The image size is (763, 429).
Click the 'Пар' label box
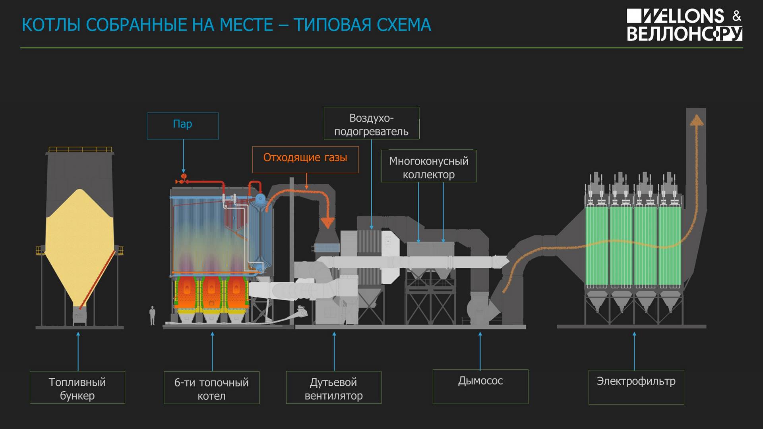pos(183,126)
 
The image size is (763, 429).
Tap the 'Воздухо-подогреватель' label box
pos(372,123)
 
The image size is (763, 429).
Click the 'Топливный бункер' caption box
pos(77,387)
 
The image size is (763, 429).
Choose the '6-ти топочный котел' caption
pos(212,388)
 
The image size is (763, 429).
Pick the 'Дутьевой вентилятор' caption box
pos(334,387)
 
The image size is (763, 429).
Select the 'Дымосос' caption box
pos(480,386)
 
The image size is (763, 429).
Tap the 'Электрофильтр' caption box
pos(636,387)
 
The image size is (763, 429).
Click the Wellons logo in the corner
pos(684,25)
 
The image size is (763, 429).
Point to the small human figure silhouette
pos(152,316)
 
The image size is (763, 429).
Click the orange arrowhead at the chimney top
pos(696,120)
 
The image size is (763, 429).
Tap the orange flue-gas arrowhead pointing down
pos(327,222)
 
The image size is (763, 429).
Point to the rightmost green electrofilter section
pos(670,247)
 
